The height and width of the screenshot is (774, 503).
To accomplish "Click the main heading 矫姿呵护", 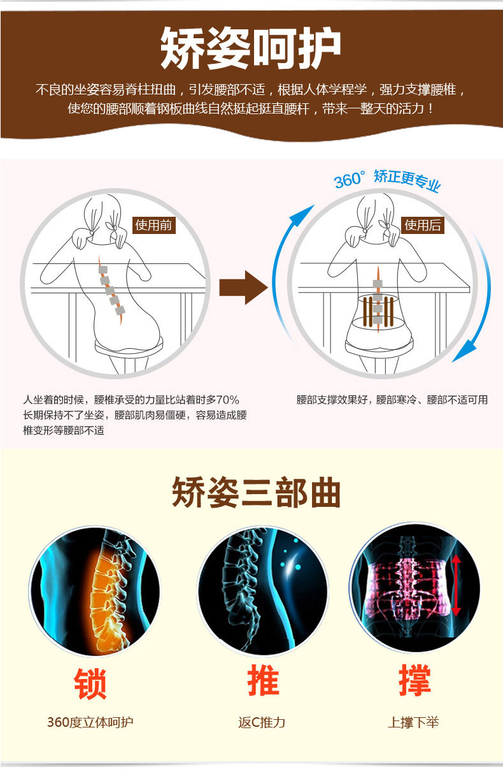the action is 251,48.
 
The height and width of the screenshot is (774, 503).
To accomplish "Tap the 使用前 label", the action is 154,225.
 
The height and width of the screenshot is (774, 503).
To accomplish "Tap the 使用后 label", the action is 423,225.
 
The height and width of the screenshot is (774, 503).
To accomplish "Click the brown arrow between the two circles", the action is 244,288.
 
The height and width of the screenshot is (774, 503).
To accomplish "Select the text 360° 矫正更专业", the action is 387,180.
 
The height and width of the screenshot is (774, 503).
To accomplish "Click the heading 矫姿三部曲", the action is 256,492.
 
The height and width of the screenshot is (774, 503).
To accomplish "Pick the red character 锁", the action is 90,684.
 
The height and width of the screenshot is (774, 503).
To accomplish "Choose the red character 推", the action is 263,680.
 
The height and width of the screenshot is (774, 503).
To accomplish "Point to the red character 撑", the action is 414,680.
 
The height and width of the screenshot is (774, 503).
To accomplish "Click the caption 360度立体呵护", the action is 90,722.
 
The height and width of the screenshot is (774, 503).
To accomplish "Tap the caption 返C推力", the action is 262,722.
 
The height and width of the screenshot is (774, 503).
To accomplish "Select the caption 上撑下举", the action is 413,722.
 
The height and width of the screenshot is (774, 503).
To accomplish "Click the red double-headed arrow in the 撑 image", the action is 456,585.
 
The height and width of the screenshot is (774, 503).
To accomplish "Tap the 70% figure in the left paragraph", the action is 228,400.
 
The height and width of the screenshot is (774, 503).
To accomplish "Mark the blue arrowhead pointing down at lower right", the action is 464,351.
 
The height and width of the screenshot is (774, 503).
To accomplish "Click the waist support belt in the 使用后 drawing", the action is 378,312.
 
